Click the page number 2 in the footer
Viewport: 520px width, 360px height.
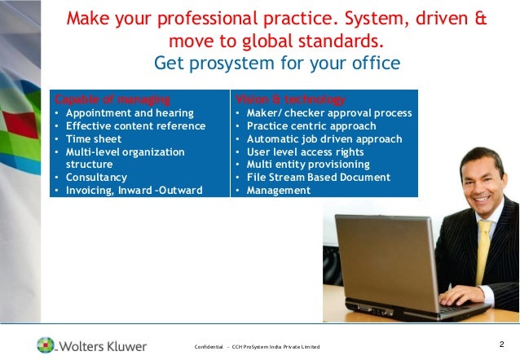tap(501, 343)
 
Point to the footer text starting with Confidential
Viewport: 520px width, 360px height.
tap(257, 348)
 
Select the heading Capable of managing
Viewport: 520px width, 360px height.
tap(112, 99)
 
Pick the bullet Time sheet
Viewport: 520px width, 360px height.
tap(94, 138)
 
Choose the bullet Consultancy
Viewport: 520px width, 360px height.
tap(96, 178)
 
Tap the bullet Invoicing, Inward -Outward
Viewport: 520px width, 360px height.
tap(134, 191)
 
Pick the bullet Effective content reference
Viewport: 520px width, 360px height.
tap(135, 125)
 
